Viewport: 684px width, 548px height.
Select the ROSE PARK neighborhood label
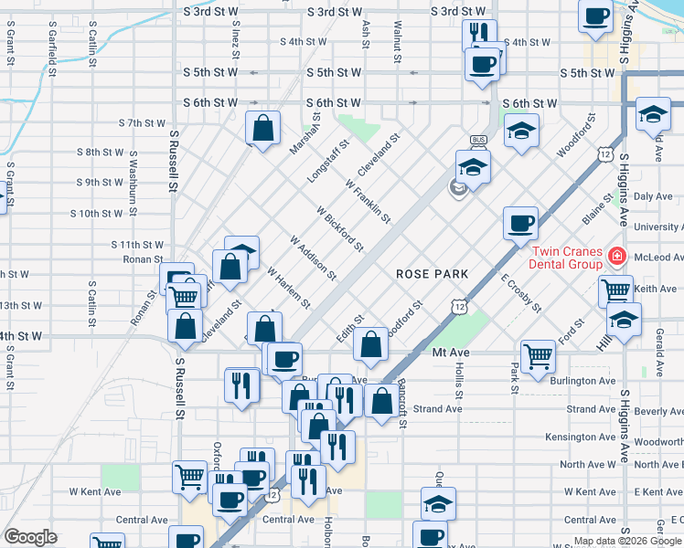(432, 274)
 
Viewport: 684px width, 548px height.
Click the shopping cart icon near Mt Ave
(538, 357)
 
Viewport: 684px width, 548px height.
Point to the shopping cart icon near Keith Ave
(615, 292)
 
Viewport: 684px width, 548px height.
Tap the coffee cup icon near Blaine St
(521, 222)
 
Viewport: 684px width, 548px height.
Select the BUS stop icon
(477, 143)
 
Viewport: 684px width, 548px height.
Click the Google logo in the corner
(30, 536)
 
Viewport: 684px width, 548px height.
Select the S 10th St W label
(96, 214)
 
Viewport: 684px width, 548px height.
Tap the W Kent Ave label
(95, 491)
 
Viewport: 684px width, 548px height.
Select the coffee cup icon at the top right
(596, 17)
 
